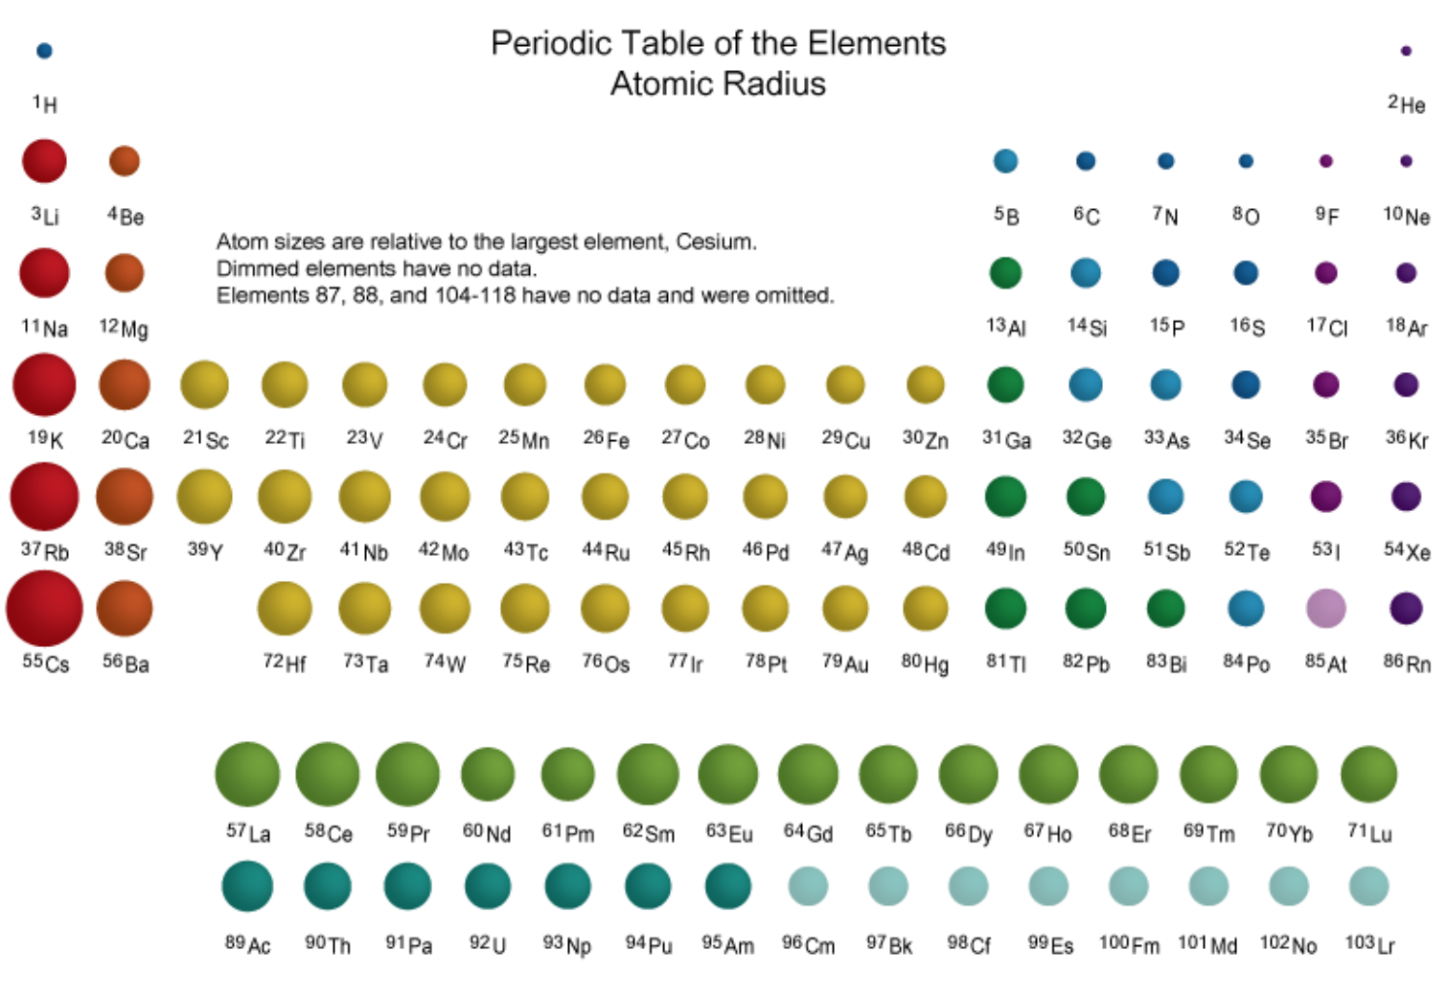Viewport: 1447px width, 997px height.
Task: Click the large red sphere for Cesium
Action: pos(44,608)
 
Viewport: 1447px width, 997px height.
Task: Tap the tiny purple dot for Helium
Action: pos(1406,51)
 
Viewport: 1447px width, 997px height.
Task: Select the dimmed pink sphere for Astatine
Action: pos(1325,608)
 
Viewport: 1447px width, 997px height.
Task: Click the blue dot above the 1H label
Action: pos(44,51)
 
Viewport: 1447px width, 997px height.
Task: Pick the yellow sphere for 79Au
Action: pos(845,608)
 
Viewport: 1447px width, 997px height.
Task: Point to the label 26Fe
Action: pos(606,439)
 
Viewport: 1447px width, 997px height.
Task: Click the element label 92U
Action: pos(487,944)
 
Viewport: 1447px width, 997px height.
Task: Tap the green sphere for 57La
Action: pos(247,774)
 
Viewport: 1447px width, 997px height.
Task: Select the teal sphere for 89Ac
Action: pos(247,886)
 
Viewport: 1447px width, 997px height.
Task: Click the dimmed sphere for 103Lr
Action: pos(1368,886)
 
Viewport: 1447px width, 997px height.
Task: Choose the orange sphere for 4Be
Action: pos(125,161)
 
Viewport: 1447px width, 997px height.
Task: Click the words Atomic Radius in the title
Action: pos(718,83)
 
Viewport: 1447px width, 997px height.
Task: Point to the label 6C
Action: pos(1086,216)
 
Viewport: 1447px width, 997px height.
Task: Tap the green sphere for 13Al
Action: pos(1005,273)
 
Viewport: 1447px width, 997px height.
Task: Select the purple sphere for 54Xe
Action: pos(1406,497)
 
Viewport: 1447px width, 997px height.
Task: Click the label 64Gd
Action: pos(808,832)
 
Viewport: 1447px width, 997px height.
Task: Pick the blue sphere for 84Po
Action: pos(1246,608)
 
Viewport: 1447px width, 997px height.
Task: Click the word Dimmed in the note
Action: pos(258,268)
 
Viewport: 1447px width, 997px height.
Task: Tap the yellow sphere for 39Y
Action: pos(204,497)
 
